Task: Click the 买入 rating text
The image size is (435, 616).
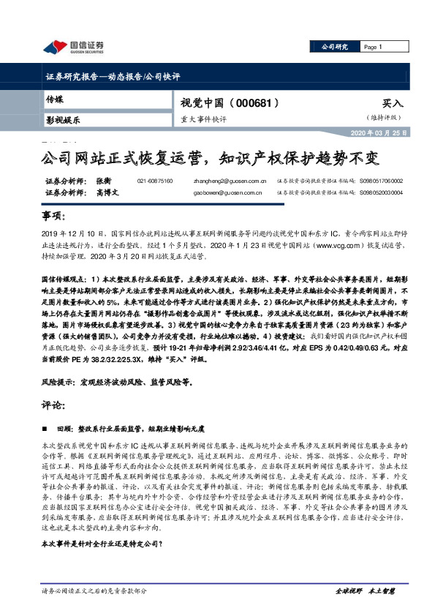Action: click(393, 105)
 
